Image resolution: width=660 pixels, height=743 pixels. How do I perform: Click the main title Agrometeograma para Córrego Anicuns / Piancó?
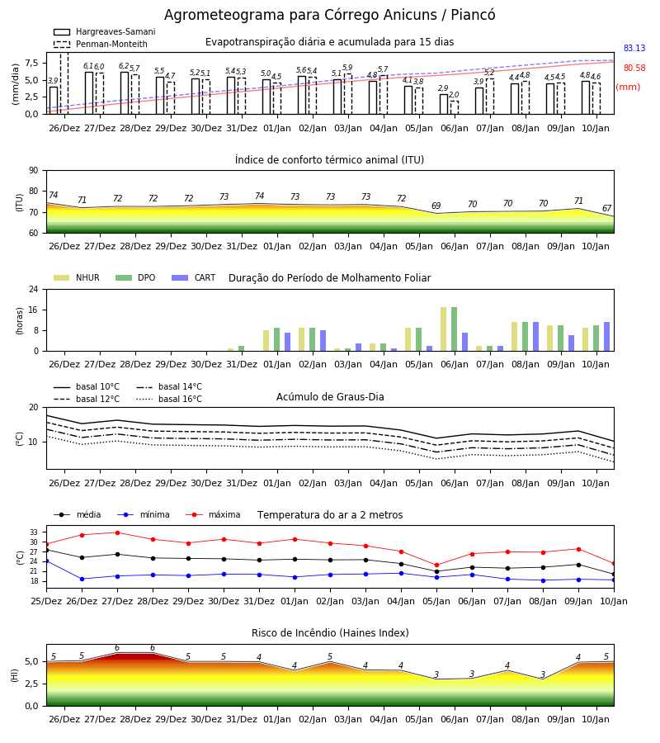tap(329, 15)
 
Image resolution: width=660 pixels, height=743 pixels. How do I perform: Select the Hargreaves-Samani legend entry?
tap(105, 31)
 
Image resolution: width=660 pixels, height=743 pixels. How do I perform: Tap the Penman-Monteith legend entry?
tap(101, 44)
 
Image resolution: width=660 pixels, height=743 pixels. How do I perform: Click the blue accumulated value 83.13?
tap(634, 49)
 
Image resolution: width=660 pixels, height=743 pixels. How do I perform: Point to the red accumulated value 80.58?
tap(634, 69)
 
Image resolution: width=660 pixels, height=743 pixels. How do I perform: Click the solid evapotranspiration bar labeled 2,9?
tap(444, 104)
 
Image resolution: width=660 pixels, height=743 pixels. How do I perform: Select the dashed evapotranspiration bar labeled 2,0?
tap(455, 107)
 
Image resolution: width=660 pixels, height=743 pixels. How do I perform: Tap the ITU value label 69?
tap(436, 206)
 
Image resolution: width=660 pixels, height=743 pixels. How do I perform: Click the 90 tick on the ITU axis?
tap(34, 171)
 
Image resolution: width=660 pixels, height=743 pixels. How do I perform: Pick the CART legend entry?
tap(194, 277)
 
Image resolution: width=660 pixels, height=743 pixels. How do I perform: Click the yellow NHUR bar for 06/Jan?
tap(444, 329)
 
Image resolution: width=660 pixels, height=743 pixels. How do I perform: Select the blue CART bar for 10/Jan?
tap(607, 337)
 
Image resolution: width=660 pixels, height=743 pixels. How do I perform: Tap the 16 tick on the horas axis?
tap(34, 310)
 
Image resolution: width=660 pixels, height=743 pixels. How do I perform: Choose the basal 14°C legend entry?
tap(169, 386)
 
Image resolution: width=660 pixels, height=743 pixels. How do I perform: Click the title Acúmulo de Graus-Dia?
tap(330, 397)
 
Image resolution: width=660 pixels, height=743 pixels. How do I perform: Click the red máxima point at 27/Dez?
tap(117, 532)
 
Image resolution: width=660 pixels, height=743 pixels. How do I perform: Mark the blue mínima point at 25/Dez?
tap(46, 561)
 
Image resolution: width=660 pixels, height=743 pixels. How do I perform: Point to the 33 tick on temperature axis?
tap(34, 532)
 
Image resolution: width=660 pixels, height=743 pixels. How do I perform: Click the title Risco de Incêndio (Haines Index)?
tap(330, 633)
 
